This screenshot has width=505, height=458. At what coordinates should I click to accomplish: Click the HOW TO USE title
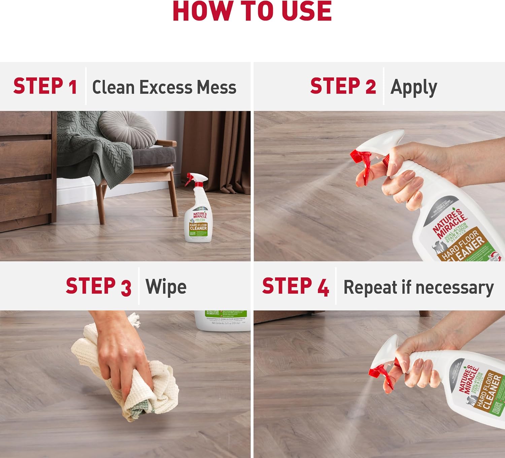(252, 11)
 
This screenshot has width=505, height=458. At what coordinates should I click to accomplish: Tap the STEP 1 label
(45, 86)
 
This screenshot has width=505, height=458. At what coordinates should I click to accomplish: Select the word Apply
(413, 88)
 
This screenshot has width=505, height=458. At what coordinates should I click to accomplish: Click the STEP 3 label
(98, 287)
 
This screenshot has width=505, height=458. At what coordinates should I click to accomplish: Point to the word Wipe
(166, 287)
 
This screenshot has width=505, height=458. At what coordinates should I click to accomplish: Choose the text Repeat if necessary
(418, 288)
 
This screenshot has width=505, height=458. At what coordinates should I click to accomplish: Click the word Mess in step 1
(216, 87)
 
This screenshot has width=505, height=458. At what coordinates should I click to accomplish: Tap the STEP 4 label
(295, 287)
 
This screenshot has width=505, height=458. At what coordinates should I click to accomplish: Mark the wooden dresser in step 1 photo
(25, 168)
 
